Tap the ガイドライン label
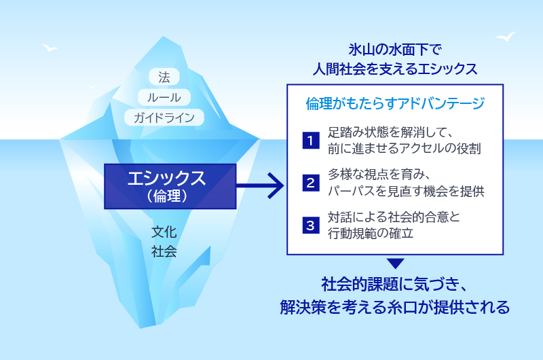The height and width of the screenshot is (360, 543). coord(164,118)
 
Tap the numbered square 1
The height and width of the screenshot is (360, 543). coord(310,141)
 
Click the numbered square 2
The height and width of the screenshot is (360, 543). coord(310,183)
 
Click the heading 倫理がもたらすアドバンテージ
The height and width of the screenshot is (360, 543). coord(395,104)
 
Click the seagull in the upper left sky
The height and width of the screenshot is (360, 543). coord(50,48)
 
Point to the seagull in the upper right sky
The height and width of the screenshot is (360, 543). coord(505,36)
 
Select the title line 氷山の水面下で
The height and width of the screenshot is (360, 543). coord(395,49)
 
